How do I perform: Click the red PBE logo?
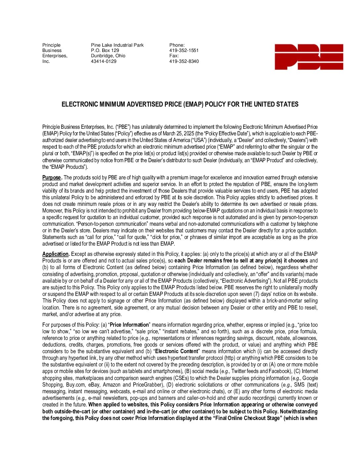point(308,57)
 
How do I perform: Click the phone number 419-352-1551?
point(184,50)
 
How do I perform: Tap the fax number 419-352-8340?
point(184,61)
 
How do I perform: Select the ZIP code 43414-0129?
point(104,61)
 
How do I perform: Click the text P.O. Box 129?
point(105,50)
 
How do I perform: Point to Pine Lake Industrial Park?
point(117,45)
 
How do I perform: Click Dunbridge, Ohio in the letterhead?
point(108,56)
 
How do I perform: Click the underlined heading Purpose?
point(52,178)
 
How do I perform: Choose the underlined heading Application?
point(56,254)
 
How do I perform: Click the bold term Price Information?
point(129,325)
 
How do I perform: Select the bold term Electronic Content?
point(176,351)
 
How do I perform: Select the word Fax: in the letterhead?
point(174,56)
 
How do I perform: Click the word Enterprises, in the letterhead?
point(55,56)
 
